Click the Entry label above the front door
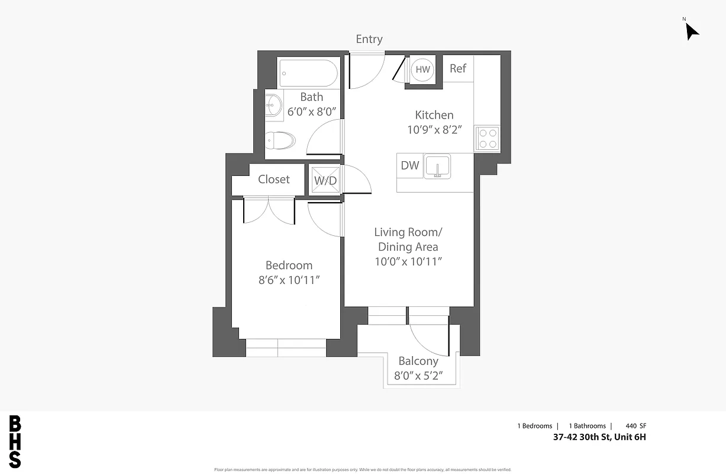pos(369,39)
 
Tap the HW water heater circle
pos(422,69)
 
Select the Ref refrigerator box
pos(458,68)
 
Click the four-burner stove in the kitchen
pos(488,139)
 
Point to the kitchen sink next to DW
pos(437,166)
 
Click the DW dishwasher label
pos(410,166)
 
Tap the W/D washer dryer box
pos(325,180)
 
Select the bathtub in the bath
pos(309,73)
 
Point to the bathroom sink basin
pos(273,105)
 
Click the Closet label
pos(274,179)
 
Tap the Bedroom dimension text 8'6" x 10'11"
pos(289,280)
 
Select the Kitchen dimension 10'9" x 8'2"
pos(434,130)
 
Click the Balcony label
pos(418,361)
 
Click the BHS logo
pos(15,442)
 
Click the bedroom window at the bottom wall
pos(286,348)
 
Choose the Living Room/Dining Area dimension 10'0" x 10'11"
pos(408,261)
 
